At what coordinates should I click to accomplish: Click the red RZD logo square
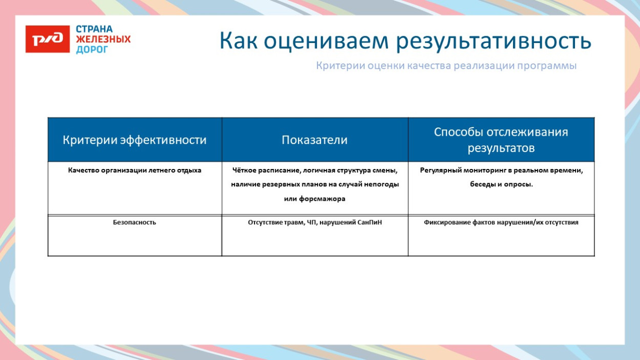[48, 39]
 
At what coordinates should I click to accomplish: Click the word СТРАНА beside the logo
[94, 29]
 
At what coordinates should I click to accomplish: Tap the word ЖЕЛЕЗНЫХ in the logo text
[103, 39]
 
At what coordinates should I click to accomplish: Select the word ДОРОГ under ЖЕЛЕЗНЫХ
[92, 50]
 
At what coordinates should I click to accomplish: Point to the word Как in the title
[239, 41]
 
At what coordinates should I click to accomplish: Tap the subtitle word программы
[547, 66]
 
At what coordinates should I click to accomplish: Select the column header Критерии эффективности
[135, 140]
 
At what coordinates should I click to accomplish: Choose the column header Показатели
[314, 140]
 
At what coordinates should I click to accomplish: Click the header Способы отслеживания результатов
[501, 140]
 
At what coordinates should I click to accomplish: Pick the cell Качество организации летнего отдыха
[135, 170]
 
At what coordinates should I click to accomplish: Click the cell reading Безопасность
[135, 222]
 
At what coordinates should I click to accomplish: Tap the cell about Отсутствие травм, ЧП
[314, 222]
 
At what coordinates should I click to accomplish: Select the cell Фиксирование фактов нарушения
[501, 222]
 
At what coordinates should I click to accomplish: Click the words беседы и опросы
[501, 184]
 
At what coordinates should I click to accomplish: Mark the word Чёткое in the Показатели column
[243, 170]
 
